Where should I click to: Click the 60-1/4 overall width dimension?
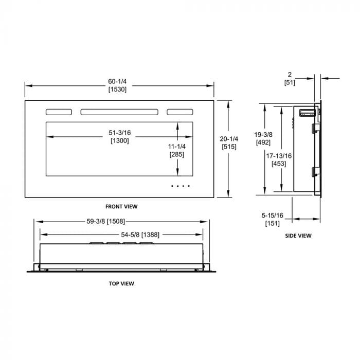click(x=117, y=81)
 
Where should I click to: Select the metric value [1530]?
click(x=117, y=89)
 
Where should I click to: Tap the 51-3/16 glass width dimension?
click(x=120, y=133)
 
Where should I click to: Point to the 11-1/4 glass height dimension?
click(x=177, y=147)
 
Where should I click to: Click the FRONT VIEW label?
click(x=121, y=206)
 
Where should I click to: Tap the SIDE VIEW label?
click(x=298, y=236)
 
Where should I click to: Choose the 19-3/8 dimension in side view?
click(x=263, y=135)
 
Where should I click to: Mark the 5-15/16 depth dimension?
click(x=272, y=215)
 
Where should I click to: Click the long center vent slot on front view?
click(x=119, y=112)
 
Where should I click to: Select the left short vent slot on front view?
click(x=59, y=112)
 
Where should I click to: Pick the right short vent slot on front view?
click(x=180, y=112)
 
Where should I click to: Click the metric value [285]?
click(x=177, y=154)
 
